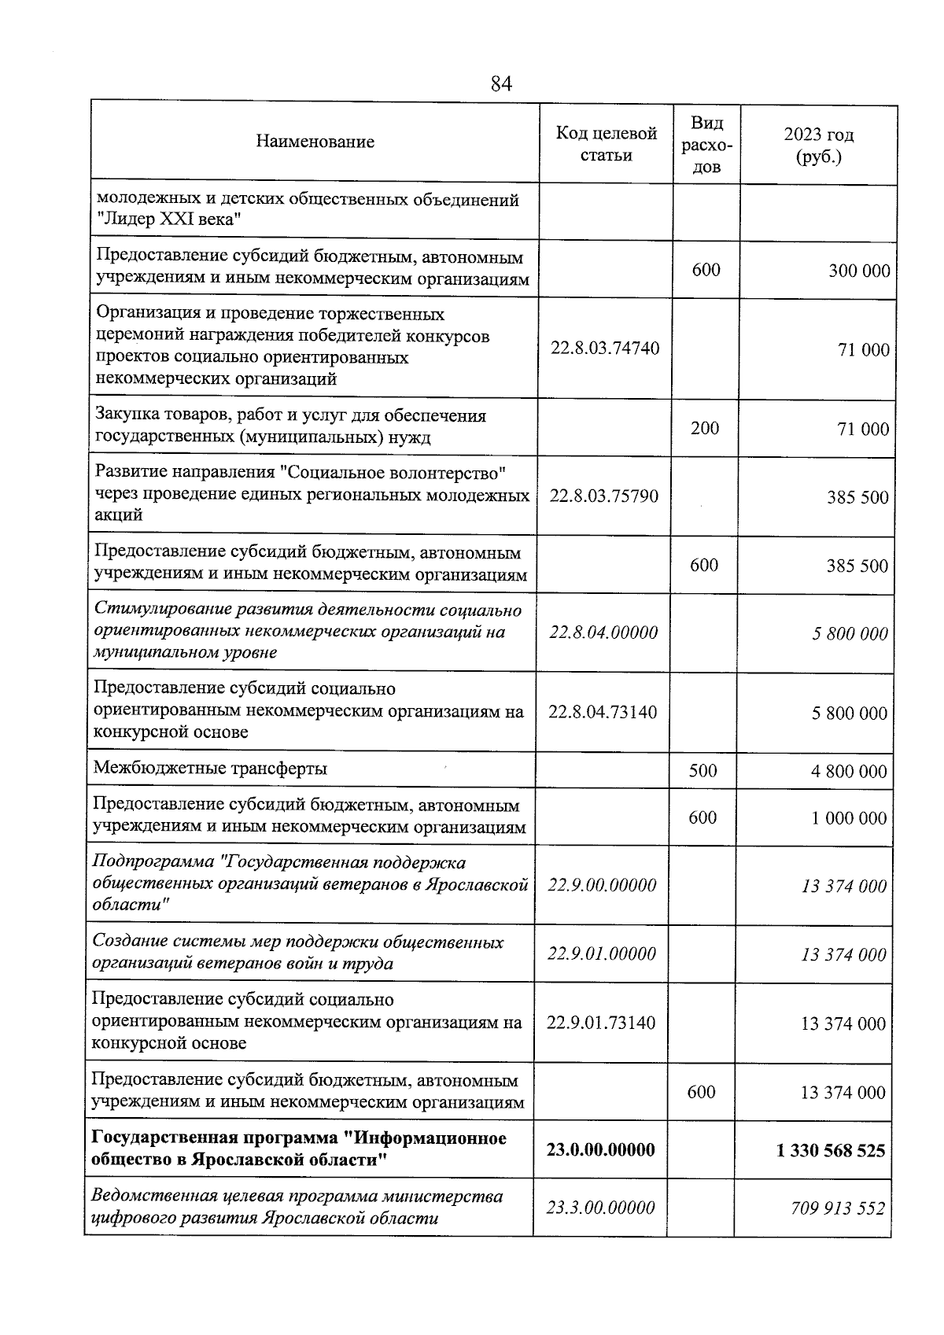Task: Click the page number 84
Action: point(501,83)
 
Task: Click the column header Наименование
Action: point(315,142)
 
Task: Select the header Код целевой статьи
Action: point(606,144)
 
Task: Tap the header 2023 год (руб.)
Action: point(818,146)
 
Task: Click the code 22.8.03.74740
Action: point(605,348)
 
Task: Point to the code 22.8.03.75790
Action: point(604,496)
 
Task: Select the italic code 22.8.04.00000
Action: point(603,632)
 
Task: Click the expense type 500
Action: point(702,770)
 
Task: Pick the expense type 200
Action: point(705,428)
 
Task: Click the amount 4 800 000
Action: point(849,772)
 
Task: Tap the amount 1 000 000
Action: point(849,818)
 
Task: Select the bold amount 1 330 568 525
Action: point(830,1151)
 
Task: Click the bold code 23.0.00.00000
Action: point(601,1149)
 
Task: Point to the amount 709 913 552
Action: point(838,1208)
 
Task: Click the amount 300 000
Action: point(859,271)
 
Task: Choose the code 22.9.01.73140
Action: point(601,1023)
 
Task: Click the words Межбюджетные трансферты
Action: point(210,769)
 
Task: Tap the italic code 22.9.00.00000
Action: point(602,885)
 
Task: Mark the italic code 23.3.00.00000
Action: point(601,1208)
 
